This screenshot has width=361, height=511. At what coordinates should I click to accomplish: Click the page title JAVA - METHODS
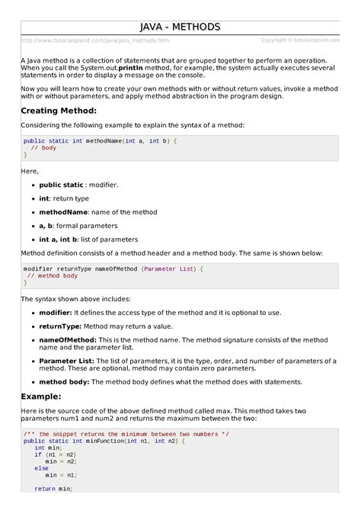(x=180, y=27)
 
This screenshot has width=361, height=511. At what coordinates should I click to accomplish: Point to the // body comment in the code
(x=43, y=147)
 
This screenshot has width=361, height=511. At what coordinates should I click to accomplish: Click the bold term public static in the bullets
(x=60, y=185)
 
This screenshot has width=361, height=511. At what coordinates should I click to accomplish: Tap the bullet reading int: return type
(x=64, y=198)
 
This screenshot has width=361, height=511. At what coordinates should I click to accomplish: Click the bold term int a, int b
(x=59, y=239)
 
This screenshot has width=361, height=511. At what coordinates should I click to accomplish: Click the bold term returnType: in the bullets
(x=60, y=326)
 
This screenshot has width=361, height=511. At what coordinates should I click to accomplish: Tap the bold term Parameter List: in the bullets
(x=66, y=360)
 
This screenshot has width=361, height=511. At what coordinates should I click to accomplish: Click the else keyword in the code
(x=41, y=468)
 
